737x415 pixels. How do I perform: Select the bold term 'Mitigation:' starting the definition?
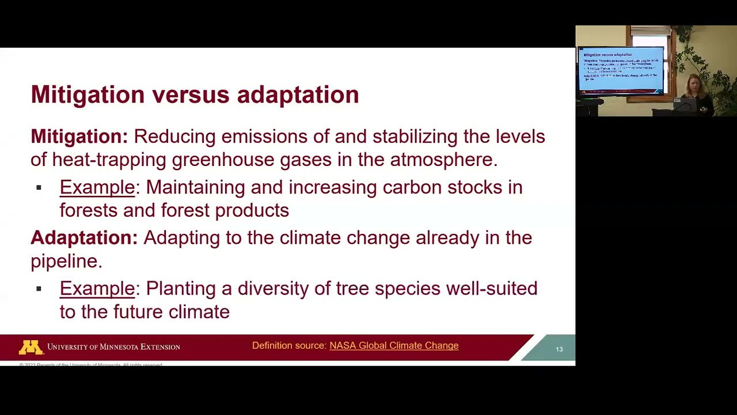tap(79, 137)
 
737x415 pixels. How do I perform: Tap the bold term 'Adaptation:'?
tap(84, 238)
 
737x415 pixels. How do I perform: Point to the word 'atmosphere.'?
tap(443, 160)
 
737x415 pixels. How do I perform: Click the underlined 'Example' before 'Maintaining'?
tap(97, 187)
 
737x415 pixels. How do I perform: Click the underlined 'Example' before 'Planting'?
tap(97, 289)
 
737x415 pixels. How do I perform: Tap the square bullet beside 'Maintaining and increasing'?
tap(39, 187)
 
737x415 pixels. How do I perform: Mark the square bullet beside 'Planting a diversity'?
tap(39, 289)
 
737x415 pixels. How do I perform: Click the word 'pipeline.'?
tap(66, 261)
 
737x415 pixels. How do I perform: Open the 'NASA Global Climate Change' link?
tap(394, 346)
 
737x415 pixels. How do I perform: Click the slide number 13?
tap(559, 349)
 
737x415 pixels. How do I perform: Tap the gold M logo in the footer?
tap(31, 347)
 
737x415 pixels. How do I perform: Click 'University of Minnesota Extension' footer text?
tap(113, 347)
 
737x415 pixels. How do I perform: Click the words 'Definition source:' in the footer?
tap(289, 346)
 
